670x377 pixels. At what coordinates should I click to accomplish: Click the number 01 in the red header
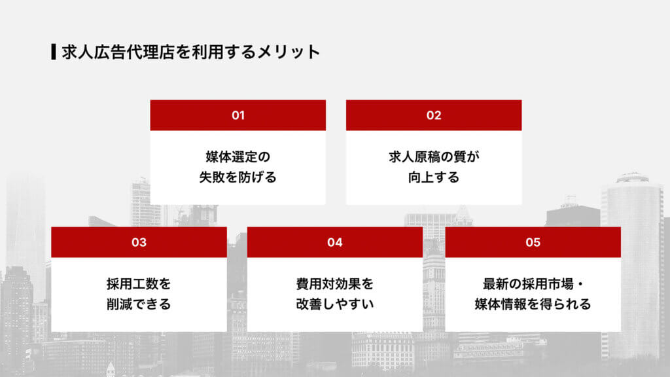pyautogui.click(x=238, y=115)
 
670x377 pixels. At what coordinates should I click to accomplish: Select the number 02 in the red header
pyautogui.click(x=434, y=115)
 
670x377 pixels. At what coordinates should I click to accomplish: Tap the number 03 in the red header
pyautogui.click(x=139, y=242)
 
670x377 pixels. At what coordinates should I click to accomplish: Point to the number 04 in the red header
pyautogui.click(x=335, y=242)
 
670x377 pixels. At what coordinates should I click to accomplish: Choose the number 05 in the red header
pyautogui.click(x=533, y=242)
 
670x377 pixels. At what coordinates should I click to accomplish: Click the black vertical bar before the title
pyautogui.click(x=53, y=52)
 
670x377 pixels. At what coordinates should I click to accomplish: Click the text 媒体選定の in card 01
pyautogui.click(x=238, y=157)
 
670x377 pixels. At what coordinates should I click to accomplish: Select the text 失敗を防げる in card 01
pyautogui.click(x=238, y=177)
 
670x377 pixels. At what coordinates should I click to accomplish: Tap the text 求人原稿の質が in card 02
pyautogui.click(x=434, y=157)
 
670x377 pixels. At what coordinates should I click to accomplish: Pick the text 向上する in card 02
pyautogui.click(x=434, y=177)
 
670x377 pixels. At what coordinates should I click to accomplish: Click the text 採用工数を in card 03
pyautogui.click(x=139, y=284)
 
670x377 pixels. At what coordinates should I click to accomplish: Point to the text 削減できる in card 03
pyautogui.click(x=139, y=304)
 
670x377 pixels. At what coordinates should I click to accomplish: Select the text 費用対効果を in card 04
pyautogui.click(x=335, y=284)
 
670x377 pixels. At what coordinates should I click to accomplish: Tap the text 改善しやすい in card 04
pyautogui.click(x=335, y=304)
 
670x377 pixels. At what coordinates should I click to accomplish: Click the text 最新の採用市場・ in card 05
pyautogui.click(x=533, y=284)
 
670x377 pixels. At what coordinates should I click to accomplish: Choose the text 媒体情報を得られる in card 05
pyautogui.click(x=533, y=304)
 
